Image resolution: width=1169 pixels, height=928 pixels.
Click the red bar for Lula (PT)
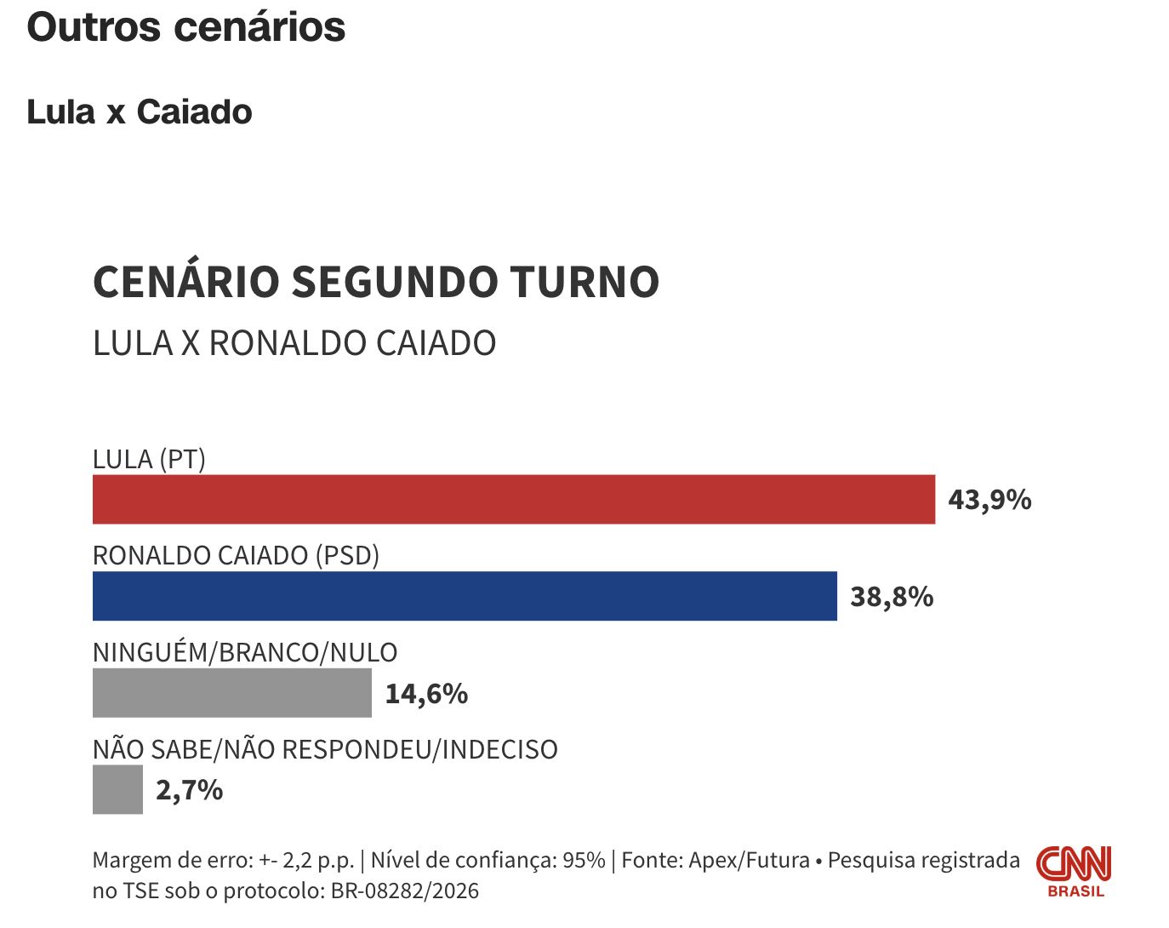pyautogui.click(x=513, y=500)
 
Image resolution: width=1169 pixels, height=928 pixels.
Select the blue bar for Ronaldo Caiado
pyautogui.click(x=465, y=596)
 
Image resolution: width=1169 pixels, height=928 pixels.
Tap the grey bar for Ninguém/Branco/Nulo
pyautogui.click(x=231, y=693)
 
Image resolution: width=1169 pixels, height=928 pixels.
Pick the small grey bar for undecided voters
pyautogui.click(x=117, y=790)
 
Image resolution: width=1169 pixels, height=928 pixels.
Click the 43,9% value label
pyautogui.click(x=989, y=500)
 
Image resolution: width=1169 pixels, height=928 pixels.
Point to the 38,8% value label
pyautogui.click(x=892, y=597)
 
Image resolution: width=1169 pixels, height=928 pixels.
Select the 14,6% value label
pyautogui.click(x=426, y=694)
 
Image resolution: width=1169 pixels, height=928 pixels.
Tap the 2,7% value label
pyautogui.click(x=189, y=790)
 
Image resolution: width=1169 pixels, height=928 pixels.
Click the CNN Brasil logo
pyautogui.click(x=1074, y=871)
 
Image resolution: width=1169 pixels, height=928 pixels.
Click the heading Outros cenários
pyautogui.click(x=185, y=27)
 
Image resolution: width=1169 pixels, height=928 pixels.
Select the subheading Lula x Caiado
pyautogui.click(x=140, y=112)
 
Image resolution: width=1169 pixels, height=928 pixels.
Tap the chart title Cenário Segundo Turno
pyautogui.click(x=375, y=282)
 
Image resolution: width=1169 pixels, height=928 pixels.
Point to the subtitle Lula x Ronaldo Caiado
pyautogui.click(x=294, y=343)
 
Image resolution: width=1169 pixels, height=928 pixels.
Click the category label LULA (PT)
pyautogui.click(x=149, y=460)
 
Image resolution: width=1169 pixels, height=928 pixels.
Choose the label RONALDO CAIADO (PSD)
pyautogui.click(x=236, y=556)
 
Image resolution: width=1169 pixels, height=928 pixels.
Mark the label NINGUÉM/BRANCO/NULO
pyautogui.click(x=245, y=653)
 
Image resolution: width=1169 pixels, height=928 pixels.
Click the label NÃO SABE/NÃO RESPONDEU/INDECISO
pyautogui.click(x=325, y=750)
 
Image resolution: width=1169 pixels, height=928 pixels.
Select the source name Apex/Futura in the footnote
pyautogui.click(x=749, y=861)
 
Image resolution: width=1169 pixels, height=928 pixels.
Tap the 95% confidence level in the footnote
pyautogui.click(x=584, y=861)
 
